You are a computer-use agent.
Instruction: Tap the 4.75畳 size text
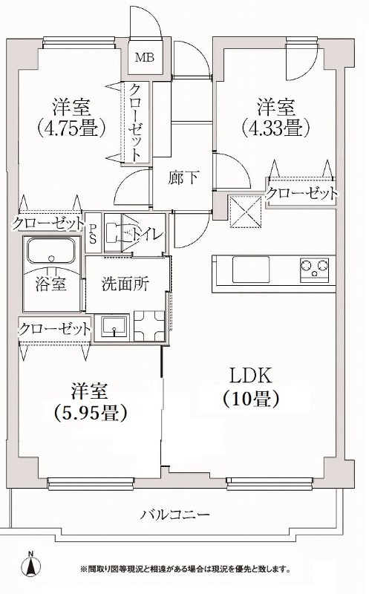(72, 127)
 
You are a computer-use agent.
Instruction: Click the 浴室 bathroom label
(50, 283)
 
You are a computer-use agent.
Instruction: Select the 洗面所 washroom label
(121, 283)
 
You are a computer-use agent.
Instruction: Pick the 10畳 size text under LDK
(250, 399)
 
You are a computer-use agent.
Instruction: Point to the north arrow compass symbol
(30, 565)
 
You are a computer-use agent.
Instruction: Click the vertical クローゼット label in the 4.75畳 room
(135, 122)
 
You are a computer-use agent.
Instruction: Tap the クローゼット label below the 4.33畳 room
(302, 194)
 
